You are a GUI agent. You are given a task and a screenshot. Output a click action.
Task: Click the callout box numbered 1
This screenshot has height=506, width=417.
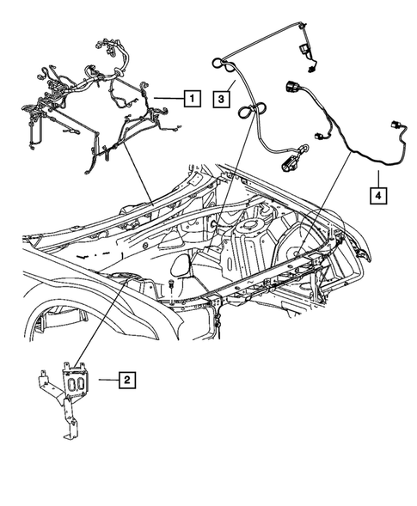coord(192,98)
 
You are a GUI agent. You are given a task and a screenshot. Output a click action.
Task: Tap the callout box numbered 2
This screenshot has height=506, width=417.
coord(126,377)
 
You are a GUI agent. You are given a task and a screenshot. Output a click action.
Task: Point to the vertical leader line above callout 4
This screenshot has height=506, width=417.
coord(376,176)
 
